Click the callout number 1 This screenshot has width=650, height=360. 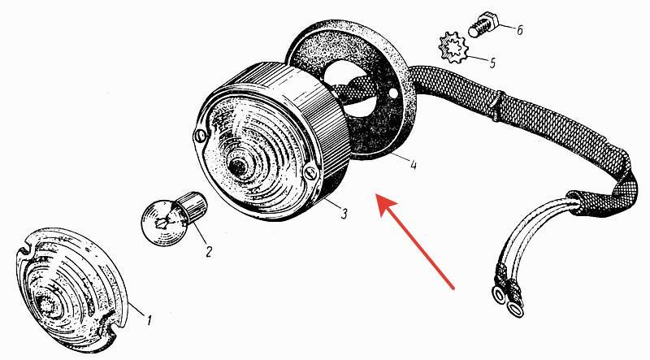pos(149,319)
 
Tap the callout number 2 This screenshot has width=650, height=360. pos(209,251)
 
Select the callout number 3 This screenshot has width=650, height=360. pos(344,214)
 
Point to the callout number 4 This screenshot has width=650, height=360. pos(413,165)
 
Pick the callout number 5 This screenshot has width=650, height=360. pos(492,63)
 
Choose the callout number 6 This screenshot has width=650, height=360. pos(519,30)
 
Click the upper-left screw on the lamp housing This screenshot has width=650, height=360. pos(199,136)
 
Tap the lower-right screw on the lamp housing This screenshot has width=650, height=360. pos(310,173)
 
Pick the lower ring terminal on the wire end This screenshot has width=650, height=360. pos(515,309)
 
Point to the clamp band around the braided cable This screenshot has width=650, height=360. pos(496,106)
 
